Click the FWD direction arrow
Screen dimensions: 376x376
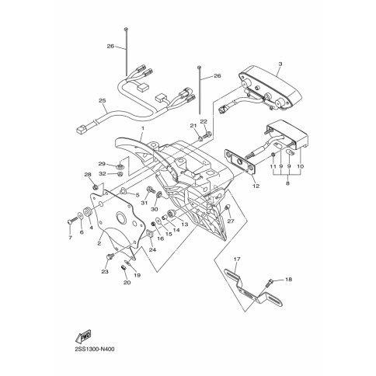[83, 336]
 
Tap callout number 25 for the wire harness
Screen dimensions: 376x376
[103, 100]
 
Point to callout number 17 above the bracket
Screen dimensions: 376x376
[237, 259]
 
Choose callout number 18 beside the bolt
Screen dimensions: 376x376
[288, 280]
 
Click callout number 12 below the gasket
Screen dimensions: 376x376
[256, 186]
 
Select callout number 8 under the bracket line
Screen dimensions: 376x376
[287, 183]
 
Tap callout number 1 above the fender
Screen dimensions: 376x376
[142, 128]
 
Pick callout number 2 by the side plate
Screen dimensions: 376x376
[99, 243]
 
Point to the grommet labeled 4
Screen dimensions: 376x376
[89, 212]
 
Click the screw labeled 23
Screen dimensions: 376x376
[110, 257]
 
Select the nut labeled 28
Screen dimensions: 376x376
[96, 186]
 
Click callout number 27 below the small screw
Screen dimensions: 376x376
[231, 221]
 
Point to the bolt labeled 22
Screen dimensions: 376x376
[207, 134]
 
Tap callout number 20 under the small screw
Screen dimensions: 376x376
[127, 283]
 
